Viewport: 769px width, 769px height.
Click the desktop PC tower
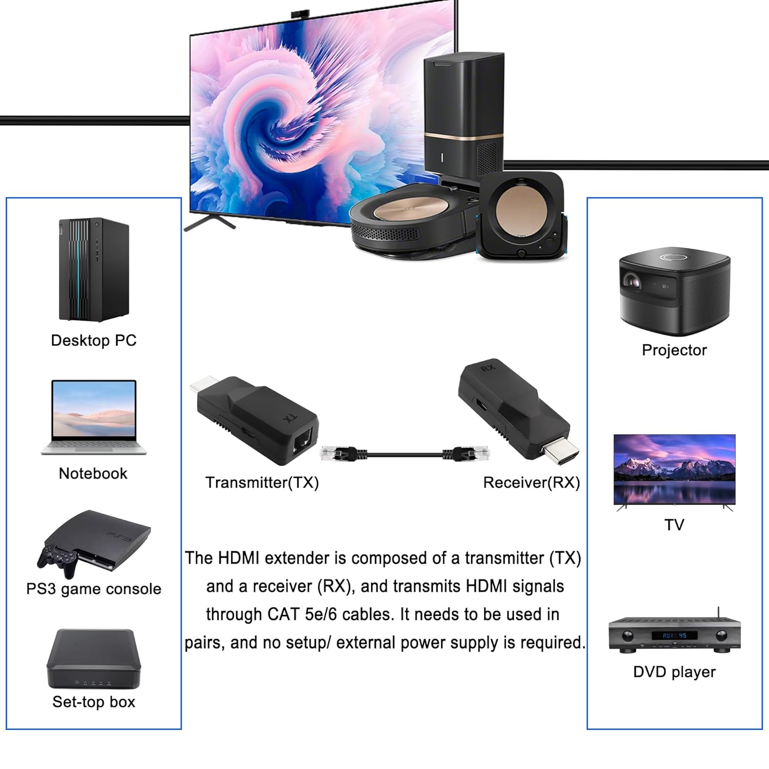click(94, 270)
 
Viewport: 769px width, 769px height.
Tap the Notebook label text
click(93, 473)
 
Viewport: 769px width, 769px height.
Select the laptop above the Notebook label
click(94, 416)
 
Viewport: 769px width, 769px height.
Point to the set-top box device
click(94, 659)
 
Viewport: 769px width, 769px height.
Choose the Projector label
click(674, 350)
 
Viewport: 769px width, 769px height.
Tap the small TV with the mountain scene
click(675, 470)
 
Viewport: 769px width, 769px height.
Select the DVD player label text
click(674, 672)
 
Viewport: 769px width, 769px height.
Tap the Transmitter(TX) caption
click(262, 482)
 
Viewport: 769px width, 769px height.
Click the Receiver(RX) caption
click(531, 482)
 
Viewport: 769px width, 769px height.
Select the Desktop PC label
click(94, 340)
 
